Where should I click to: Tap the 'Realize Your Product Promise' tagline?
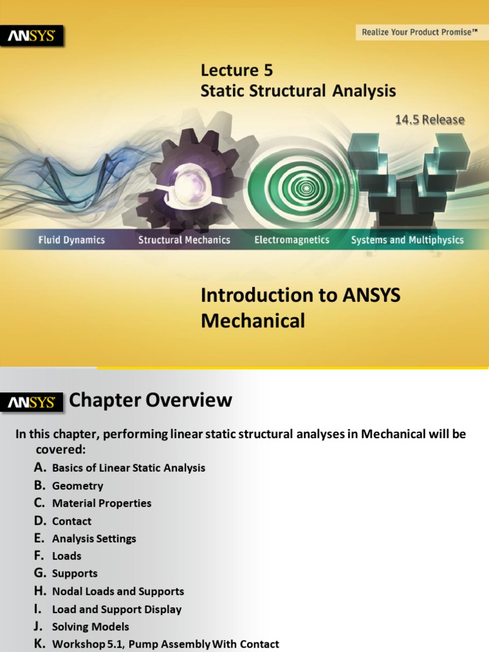[420, 32]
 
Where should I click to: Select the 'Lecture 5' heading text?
[237, 70]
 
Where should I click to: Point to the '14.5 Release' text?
[430, 120]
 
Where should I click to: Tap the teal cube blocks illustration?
[407, 175]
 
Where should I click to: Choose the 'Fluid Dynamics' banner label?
[71, 240]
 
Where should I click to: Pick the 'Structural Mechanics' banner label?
[184, 240]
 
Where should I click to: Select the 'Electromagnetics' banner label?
[292, 240]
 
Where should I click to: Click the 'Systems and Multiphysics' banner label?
[407, 240]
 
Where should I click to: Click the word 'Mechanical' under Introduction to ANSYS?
[253, 321]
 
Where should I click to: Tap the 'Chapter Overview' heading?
[150, 400]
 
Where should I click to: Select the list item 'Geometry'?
[78, 486]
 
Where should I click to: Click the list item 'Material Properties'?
[102, 503]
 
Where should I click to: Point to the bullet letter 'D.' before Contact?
[41, 521]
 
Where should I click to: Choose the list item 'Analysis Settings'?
[94, 539]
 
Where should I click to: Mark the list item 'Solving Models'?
[90, 627]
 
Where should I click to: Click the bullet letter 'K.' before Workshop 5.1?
[41, 644]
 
